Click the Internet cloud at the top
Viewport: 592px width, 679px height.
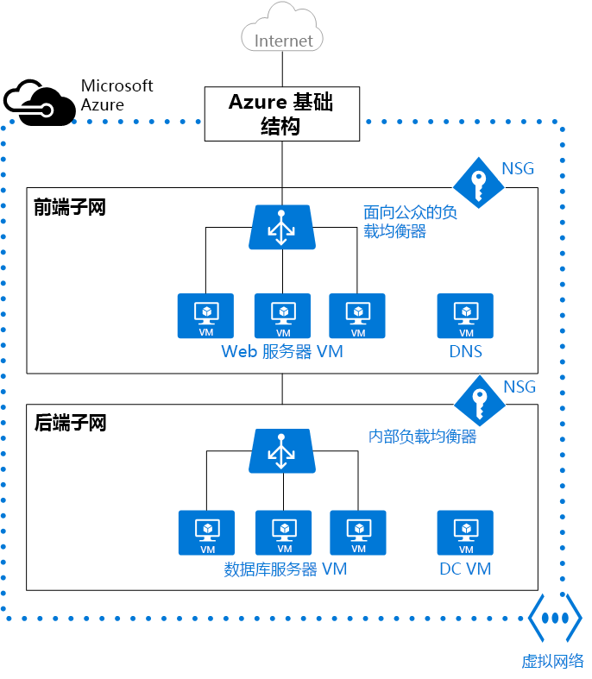(x=283, y=32)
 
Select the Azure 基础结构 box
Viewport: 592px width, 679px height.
(x=281, y=114)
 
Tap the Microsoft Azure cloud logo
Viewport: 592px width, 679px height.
(x=39, y=101)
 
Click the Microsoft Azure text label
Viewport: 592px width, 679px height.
(x=117, y=95)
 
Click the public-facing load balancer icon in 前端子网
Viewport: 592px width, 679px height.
(x=281, y=228)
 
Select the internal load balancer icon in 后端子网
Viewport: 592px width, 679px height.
(x=281, y=451)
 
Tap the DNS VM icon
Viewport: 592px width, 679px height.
(x=466, y=316)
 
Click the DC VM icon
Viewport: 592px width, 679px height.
(x=466, y=533)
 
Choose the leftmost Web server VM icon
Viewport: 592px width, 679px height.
(x=206, y=316)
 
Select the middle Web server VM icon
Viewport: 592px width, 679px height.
(x=283, y=316)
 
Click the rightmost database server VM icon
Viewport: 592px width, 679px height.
(x=357, y=533)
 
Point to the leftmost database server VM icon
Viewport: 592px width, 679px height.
(x=207, y=533)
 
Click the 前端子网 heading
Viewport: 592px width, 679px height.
(x=70, y=207)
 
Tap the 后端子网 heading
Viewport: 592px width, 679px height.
(x=70, y=424)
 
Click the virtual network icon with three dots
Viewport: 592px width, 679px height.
(x=555, y=619)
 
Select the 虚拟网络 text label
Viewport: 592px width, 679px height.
(x=553, y=662)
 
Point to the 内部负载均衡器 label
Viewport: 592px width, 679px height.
(x=423, y=437)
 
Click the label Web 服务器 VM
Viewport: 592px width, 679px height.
(x=282, y=352)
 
